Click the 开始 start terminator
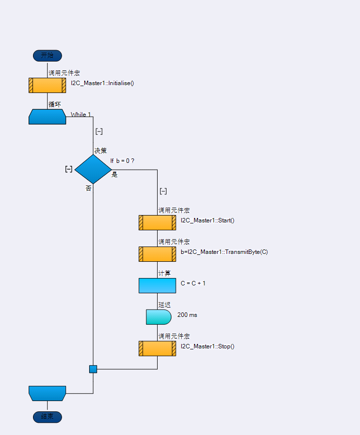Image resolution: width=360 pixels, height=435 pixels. [x=47, y=56]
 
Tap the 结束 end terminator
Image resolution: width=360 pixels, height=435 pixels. [x=47, y=417]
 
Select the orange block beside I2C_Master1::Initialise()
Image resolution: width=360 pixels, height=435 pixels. [x=47, y=85]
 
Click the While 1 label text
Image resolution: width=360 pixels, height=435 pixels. [x=81, y=115]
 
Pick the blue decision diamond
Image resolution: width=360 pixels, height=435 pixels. [x=93, y=169]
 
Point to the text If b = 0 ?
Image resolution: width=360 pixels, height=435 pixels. [x=122, y=161]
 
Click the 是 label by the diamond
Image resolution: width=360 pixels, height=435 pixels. [x=115, y=174]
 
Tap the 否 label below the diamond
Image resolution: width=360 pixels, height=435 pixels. [x=89, y=188]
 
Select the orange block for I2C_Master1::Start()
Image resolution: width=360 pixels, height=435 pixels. [x=157, y=222]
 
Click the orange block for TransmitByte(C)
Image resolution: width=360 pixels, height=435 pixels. [x=157, y=254]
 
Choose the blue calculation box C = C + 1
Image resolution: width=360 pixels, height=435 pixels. [x=157, y=285]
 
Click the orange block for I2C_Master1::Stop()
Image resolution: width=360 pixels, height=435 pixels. [x=157, y=348]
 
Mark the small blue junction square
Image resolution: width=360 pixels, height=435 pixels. [x=93, y=369]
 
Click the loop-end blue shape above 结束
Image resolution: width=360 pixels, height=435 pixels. [x=47, y=393]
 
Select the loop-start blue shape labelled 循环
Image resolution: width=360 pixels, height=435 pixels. [x=47, y=117]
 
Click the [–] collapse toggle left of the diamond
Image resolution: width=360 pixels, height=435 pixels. [x=69, y=169]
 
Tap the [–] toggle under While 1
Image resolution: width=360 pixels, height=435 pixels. [x=99, y=131]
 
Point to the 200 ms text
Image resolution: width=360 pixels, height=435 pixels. [x=187, y=315]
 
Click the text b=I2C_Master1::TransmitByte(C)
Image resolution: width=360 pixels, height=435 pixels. [x=224, y=252]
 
